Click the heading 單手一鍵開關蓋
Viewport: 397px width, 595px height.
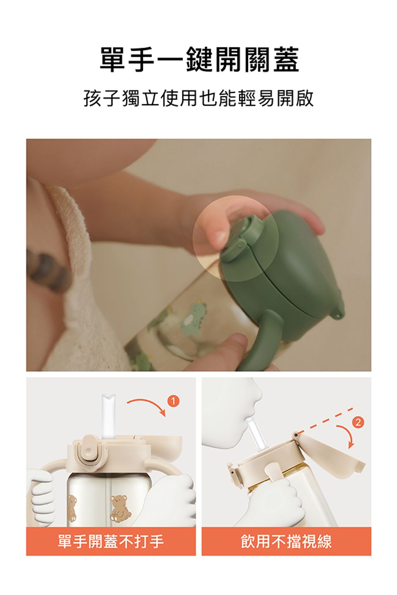click(199, 59)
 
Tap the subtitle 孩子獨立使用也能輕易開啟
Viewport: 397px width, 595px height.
click(198, 98)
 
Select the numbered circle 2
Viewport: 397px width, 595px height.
click(358, 423)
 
